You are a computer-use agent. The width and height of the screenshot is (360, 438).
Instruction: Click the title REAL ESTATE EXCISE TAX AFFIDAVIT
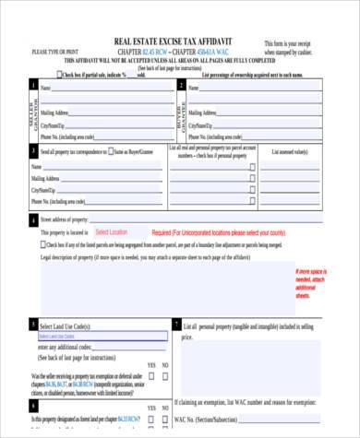coord(174,42)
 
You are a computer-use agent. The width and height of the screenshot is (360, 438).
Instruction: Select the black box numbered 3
coord(34,150)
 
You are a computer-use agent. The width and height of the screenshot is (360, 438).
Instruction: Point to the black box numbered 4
coord(34,221)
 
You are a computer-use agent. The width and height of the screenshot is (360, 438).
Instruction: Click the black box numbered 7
coord(176,325)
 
